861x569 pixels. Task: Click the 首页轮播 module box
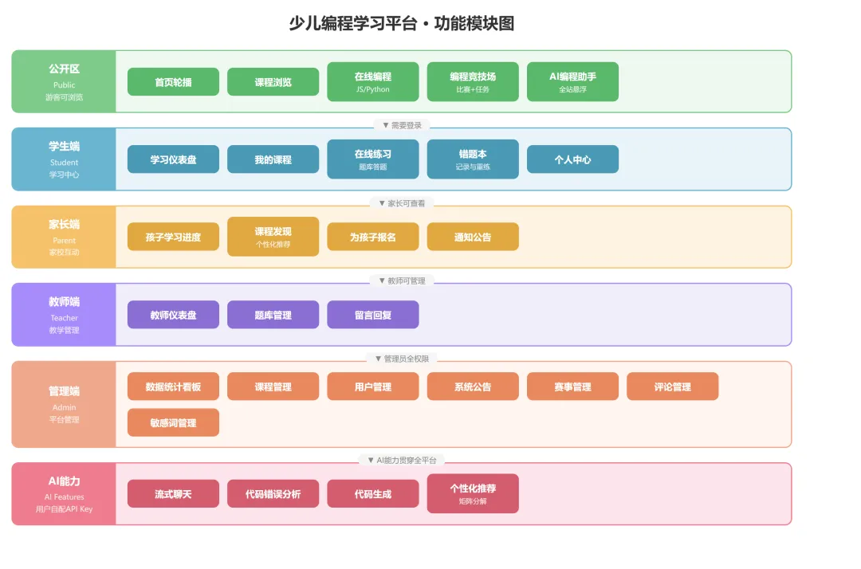173,82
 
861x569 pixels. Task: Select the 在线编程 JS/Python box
373,82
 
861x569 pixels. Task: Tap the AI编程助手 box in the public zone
572,82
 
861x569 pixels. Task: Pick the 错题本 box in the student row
473,159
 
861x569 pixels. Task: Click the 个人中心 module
572,159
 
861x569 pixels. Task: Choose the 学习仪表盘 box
173,159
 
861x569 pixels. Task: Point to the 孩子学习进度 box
173,237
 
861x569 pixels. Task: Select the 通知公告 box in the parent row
473,237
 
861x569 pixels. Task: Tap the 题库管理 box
273,315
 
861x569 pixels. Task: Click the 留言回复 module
373,315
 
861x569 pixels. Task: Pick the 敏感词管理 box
173,422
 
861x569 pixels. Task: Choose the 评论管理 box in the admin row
673,387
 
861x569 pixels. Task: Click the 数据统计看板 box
173,387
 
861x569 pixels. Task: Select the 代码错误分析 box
273,494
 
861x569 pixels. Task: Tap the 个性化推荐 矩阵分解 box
473,494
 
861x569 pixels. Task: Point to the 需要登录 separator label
402,126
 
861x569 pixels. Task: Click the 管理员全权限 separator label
402,359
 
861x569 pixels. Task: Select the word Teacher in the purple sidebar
65,318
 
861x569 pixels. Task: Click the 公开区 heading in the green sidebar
65,69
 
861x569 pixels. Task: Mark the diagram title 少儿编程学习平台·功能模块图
402,24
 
